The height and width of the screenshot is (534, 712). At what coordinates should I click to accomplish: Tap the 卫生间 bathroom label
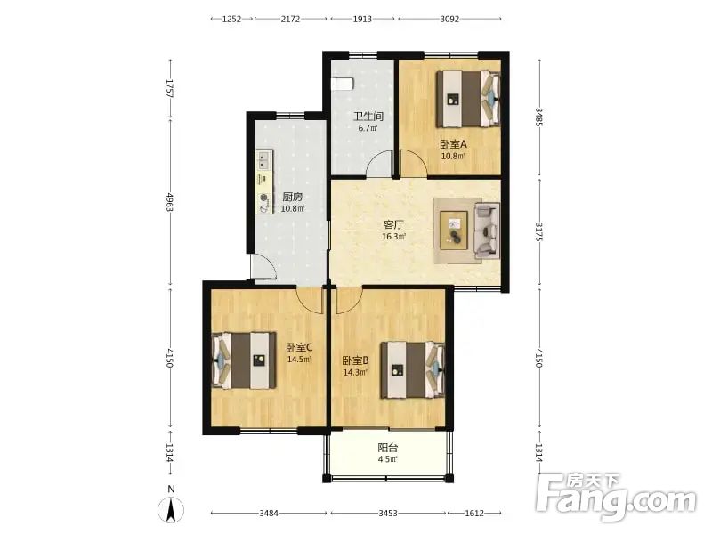click(368, 117)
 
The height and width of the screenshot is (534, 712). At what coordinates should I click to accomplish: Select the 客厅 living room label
click(393, 224)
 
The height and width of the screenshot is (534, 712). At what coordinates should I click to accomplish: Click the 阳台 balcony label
click(388, 448)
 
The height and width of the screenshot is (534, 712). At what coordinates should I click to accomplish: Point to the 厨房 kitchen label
click(293, 197)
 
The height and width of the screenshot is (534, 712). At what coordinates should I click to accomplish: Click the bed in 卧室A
click(468, 99)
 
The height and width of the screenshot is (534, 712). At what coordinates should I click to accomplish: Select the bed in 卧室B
click(412, 369)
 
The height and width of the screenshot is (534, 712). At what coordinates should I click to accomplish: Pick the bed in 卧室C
click(244, 360)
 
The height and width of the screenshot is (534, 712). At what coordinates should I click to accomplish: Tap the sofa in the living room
click(487, 231)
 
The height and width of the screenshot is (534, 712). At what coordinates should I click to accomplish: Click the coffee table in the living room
click(454, 231)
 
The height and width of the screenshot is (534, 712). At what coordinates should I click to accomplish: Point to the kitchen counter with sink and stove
click(264, 182)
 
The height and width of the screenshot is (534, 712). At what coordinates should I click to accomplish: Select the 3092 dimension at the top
click(449, 19)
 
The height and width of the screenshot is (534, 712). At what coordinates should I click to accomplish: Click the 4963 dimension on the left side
click(170, 202)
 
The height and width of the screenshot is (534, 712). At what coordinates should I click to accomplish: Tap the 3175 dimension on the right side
click(539, 231)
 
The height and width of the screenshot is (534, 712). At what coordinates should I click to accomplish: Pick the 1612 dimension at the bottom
click(474, 514)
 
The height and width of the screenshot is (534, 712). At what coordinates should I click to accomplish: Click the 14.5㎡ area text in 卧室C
click(299, 360)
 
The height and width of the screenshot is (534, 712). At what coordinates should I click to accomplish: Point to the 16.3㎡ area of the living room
click(393, 237)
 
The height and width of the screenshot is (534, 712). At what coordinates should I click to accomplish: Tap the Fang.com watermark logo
click(615, 499)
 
